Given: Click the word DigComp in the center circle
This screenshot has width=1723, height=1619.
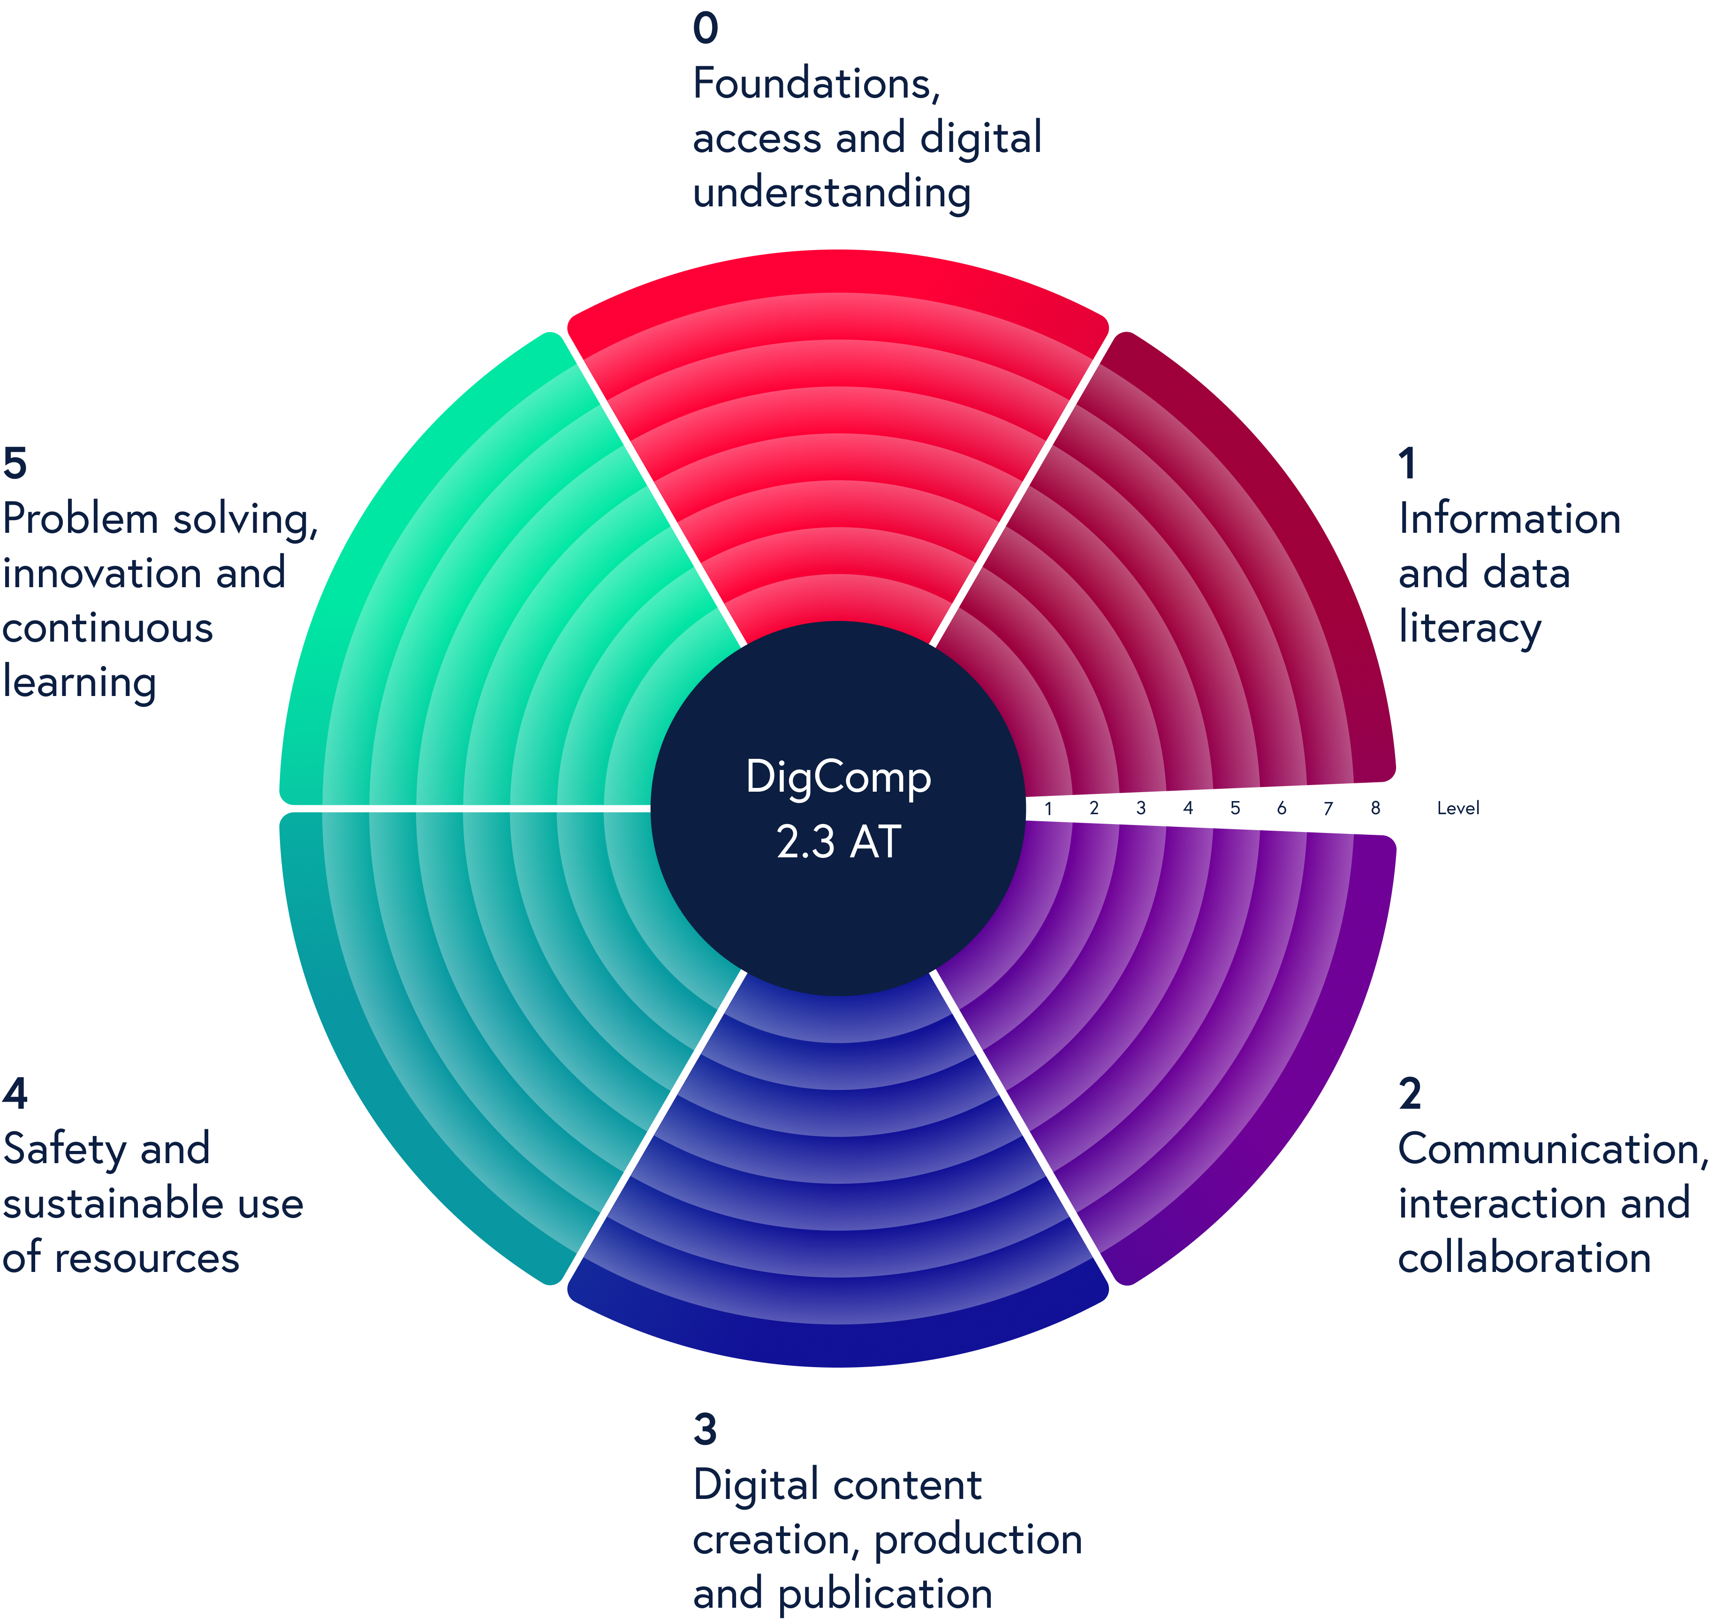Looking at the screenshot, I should coord(838,778).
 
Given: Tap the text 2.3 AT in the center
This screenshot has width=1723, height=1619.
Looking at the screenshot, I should coord(838,841).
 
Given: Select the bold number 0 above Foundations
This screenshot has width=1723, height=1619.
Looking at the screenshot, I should coord(706,29).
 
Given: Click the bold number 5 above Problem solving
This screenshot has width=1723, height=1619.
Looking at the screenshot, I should coord(15,464).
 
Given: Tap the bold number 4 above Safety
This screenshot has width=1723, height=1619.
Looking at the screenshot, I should coord(15,1094).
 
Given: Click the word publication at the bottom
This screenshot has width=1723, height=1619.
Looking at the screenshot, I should coord(884,1594).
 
